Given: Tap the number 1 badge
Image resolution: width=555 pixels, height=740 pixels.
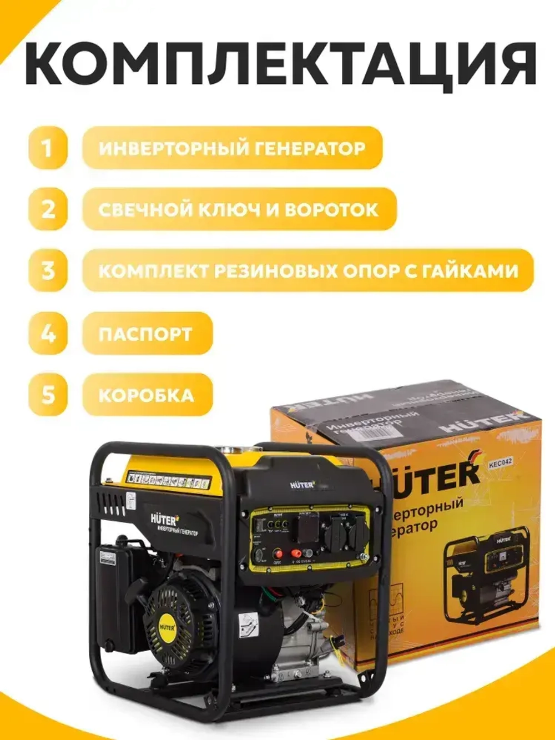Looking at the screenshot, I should (x=48, y=148).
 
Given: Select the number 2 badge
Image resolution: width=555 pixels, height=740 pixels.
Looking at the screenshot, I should (x=48, y=209).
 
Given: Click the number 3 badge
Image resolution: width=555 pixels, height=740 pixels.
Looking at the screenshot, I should (x=48, y=271).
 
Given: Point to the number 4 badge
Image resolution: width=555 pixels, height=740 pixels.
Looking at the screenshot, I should (x=48, y=334).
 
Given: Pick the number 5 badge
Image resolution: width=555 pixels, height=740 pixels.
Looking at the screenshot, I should (x=48, y=395).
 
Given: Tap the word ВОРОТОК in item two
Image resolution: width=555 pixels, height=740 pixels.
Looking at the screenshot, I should (x=331, y=209).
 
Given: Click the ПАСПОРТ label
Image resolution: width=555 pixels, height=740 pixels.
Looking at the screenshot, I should (x=145, y=334).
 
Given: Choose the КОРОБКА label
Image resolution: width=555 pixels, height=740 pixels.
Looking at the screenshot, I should (x=147, y=395).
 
